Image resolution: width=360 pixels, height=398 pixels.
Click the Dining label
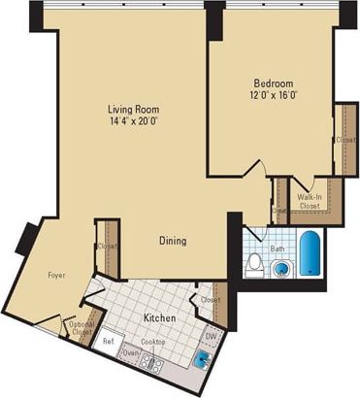(174, 240)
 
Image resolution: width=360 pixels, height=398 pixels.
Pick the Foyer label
(56, 276)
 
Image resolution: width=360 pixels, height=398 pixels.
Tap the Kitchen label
(160, 317)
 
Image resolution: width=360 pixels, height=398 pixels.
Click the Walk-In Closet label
(310, 200)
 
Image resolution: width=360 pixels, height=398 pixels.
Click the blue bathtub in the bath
(309, 254)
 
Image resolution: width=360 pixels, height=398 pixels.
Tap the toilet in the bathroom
(254, 263)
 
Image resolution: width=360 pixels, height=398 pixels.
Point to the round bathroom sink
(281, 269)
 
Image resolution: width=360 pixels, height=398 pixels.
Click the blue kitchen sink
(201, 359)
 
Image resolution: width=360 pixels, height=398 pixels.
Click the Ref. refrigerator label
(109, 341)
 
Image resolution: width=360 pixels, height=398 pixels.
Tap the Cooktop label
(153, 342)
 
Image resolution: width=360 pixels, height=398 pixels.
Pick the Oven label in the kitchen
(129, 353)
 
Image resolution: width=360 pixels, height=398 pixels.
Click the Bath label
(278, 249)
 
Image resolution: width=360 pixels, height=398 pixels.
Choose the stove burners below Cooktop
(150, 363)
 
